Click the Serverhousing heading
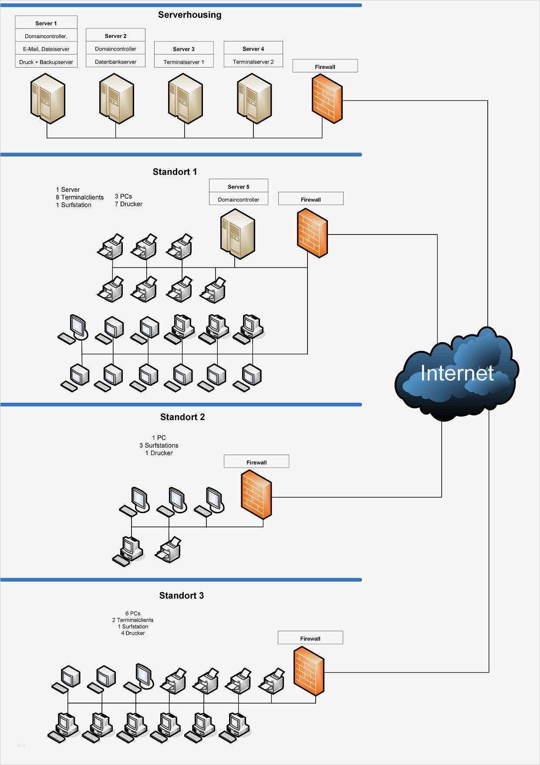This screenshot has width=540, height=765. (189, 15)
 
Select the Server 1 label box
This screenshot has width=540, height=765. (46, 23)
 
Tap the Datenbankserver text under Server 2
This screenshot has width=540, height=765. (115, 62)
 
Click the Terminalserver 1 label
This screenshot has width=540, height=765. (183, 62)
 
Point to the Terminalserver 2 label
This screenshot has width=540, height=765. (253, 62)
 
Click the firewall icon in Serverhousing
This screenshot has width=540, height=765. (327, 98)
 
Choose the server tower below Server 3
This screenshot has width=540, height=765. (185, 99)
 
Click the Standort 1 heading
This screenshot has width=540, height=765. (175, 172)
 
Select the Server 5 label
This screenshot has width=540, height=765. (238, 187)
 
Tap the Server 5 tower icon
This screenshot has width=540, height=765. (237, 234)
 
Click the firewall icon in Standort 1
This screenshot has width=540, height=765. (312, 233)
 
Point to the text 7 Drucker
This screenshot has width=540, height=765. (128, 204)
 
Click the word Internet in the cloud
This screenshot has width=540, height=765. (457, 373)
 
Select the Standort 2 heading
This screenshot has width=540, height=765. (182, 417)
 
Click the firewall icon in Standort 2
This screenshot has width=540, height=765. (256, 494)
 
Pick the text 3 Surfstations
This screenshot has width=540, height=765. (159, 445)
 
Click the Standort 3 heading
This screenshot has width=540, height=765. (181, 595)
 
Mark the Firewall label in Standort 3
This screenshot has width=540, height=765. (310, 639)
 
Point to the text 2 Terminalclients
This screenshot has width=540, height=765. (133, 620)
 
